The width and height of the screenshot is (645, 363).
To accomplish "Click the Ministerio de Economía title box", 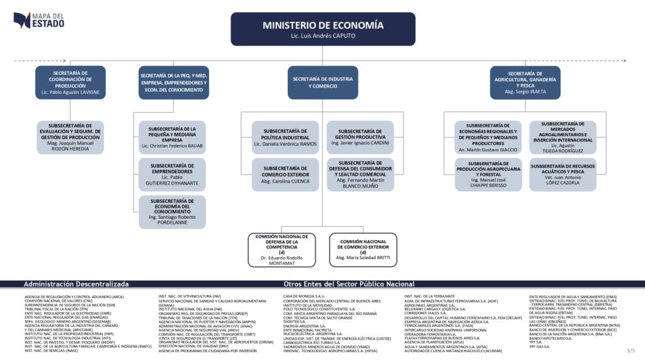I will pos(322,28).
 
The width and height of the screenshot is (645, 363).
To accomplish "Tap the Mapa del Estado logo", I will pos(38,20).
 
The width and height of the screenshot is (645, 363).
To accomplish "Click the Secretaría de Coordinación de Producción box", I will pos(71,83).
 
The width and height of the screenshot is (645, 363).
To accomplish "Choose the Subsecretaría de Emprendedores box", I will pos(172,174).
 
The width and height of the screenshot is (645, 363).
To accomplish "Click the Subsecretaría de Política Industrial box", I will pos(285,137).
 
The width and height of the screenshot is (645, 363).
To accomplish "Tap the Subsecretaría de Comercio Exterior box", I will pos(285,174).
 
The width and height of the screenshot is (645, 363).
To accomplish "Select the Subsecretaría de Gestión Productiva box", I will pos(360,137).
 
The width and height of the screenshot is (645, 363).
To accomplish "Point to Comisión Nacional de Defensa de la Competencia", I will pos(282,250).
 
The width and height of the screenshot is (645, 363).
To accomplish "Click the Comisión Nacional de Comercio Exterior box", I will pos(363,250).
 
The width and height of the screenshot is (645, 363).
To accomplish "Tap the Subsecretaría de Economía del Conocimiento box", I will pos(172,212).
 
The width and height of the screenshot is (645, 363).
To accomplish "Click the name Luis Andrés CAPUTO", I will pos(322,37).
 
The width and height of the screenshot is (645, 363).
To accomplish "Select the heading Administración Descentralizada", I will pos(76,284).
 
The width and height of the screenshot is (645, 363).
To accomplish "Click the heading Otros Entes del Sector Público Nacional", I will pos(349,284).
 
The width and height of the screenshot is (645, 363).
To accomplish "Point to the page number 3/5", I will pos(631,350).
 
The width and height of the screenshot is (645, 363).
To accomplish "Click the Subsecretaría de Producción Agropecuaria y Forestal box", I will pos(489,174).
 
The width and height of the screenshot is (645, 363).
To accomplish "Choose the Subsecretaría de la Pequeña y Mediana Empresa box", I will pos(172,137).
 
